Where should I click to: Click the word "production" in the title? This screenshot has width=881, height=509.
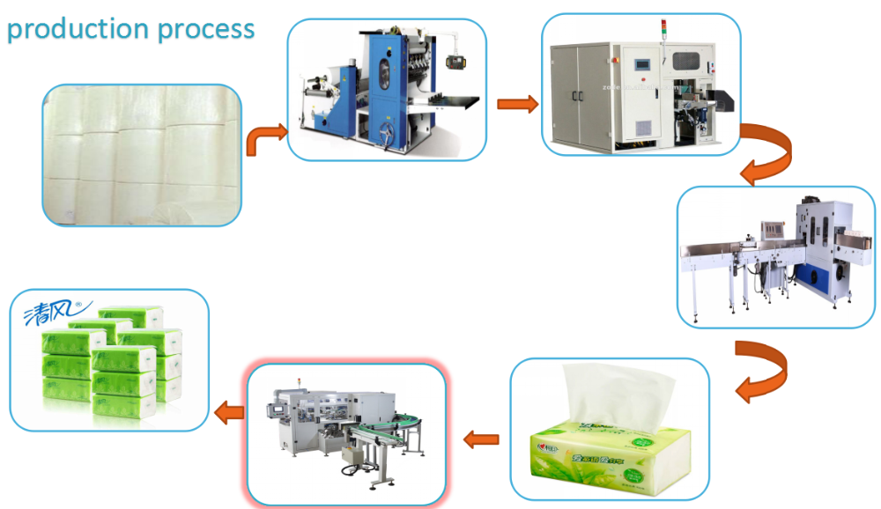(78, 30)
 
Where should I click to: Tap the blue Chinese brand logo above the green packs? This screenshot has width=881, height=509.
(49, 310)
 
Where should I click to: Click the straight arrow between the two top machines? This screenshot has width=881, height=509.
(517, 105)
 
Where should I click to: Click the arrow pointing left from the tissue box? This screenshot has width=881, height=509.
(482, 437)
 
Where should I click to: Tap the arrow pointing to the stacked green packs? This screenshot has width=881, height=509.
(230, 410)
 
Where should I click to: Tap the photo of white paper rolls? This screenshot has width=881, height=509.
(142, 155)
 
